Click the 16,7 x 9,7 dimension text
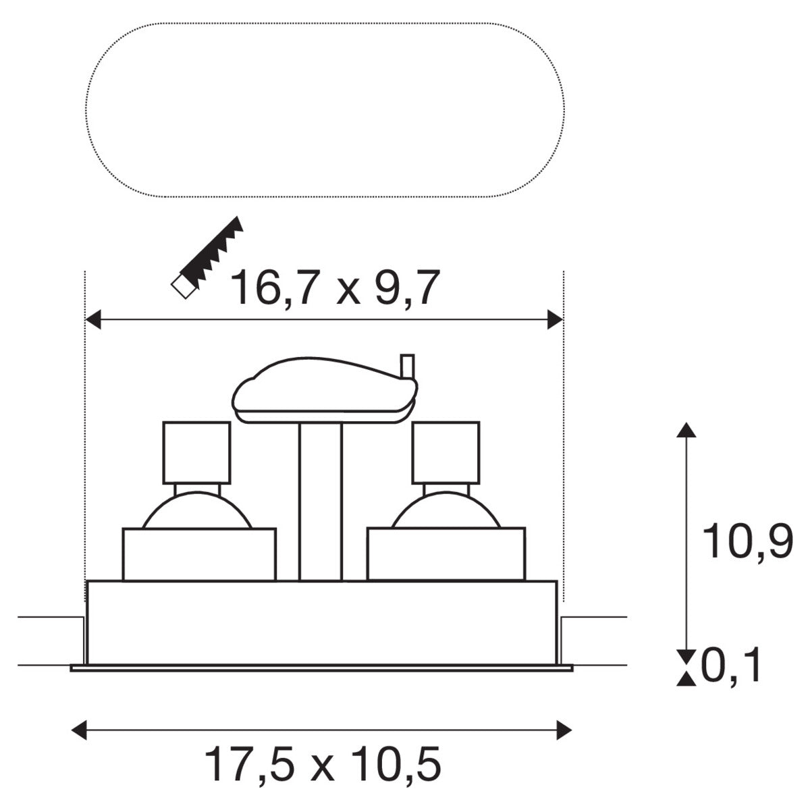coord(335,288)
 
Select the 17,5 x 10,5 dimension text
coord(323,763)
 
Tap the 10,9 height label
coord(747,542)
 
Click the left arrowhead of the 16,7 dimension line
coord(93,319)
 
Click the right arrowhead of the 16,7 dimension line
coord(555,319)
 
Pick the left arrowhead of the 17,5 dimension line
coord(79,730)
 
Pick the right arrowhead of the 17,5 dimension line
coord(564,730)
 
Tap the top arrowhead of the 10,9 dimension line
coord(686,431)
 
